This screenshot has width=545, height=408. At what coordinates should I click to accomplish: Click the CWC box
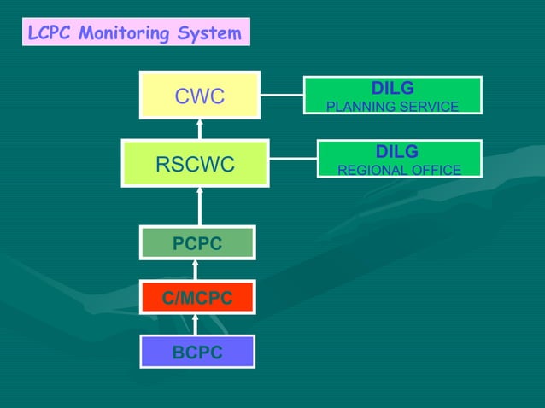[200, 96]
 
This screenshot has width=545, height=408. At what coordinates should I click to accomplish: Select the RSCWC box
[195, 163]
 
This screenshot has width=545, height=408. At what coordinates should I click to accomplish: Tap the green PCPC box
[197, 243]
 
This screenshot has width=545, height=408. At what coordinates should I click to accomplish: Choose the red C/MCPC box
[197, 298]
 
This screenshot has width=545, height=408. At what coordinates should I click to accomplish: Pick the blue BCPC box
[197, 352]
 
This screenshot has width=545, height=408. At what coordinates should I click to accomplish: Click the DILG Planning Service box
[392, 96]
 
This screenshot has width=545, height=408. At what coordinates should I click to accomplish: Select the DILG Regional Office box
[399, 159]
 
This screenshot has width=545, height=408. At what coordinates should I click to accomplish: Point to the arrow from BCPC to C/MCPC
[196, 325]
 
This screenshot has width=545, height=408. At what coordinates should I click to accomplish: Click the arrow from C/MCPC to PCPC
[196, 270]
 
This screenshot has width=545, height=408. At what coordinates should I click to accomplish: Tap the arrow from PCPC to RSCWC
[200, 207]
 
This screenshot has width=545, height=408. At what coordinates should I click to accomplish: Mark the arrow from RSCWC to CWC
[200, 129]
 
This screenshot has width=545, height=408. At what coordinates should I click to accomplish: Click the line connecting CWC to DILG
[282, 95]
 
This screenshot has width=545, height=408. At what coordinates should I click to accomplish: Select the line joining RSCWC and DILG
[293, 158]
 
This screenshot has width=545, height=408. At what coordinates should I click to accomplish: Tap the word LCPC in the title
[47, 33]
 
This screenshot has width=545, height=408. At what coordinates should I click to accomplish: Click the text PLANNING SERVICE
[392, 107]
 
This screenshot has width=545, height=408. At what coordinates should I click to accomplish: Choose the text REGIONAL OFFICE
[399, 170]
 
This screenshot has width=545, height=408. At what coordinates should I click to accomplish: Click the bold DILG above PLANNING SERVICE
[392, 88]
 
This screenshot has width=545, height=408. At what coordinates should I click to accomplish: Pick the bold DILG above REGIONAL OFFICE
[397, 151]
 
